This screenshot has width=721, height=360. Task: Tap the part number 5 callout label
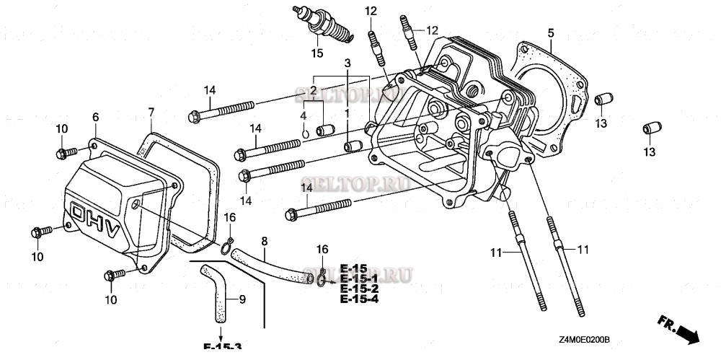(x=550, y=32)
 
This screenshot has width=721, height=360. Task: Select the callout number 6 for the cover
(x=94, y=117)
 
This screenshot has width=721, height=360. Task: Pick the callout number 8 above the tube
(x=264, y=240)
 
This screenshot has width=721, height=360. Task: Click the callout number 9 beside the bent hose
(x=242, y=299)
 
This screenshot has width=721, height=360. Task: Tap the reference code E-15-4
(x=359, y=299)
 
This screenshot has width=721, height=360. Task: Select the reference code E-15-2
(x=359, y=289)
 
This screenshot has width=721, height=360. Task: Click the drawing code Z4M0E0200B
(x=583, y=339)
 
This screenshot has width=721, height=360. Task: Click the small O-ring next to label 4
(x=306, y=132)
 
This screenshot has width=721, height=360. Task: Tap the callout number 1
(x=347, y=113)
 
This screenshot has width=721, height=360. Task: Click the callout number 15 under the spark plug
(x=317, y=53)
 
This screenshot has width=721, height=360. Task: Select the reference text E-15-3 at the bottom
(x=222, y=346)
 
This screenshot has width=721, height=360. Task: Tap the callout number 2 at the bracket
(x=314, y=89)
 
